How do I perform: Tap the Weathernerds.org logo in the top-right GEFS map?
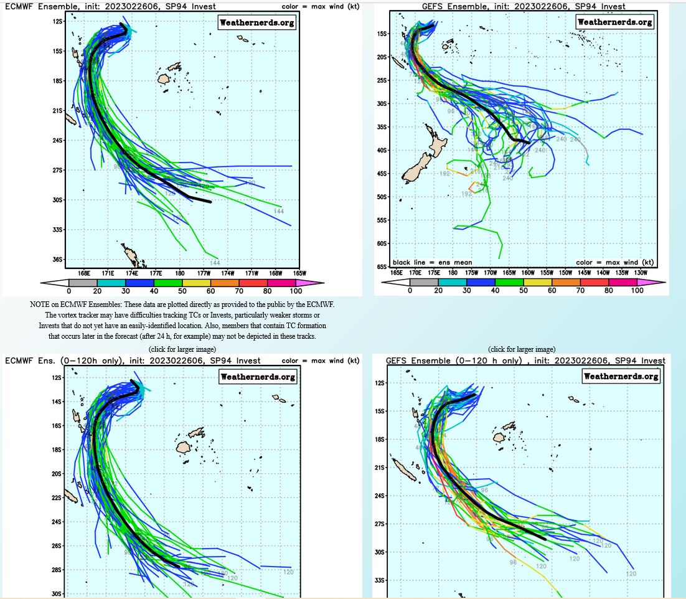615,22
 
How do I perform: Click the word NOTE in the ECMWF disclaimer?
41,304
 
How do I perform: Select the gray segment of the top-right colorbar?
424,282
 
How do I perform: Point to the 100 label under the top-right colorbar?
637,291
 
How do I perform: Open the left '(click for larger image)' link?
182,349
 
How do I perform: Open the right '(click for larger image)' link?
522,349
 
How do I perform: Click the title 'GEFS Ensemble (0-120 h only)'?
453,361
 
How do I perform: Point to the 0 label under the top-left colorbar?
68,291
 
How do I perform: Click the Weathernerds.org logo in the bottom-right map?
621,376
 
